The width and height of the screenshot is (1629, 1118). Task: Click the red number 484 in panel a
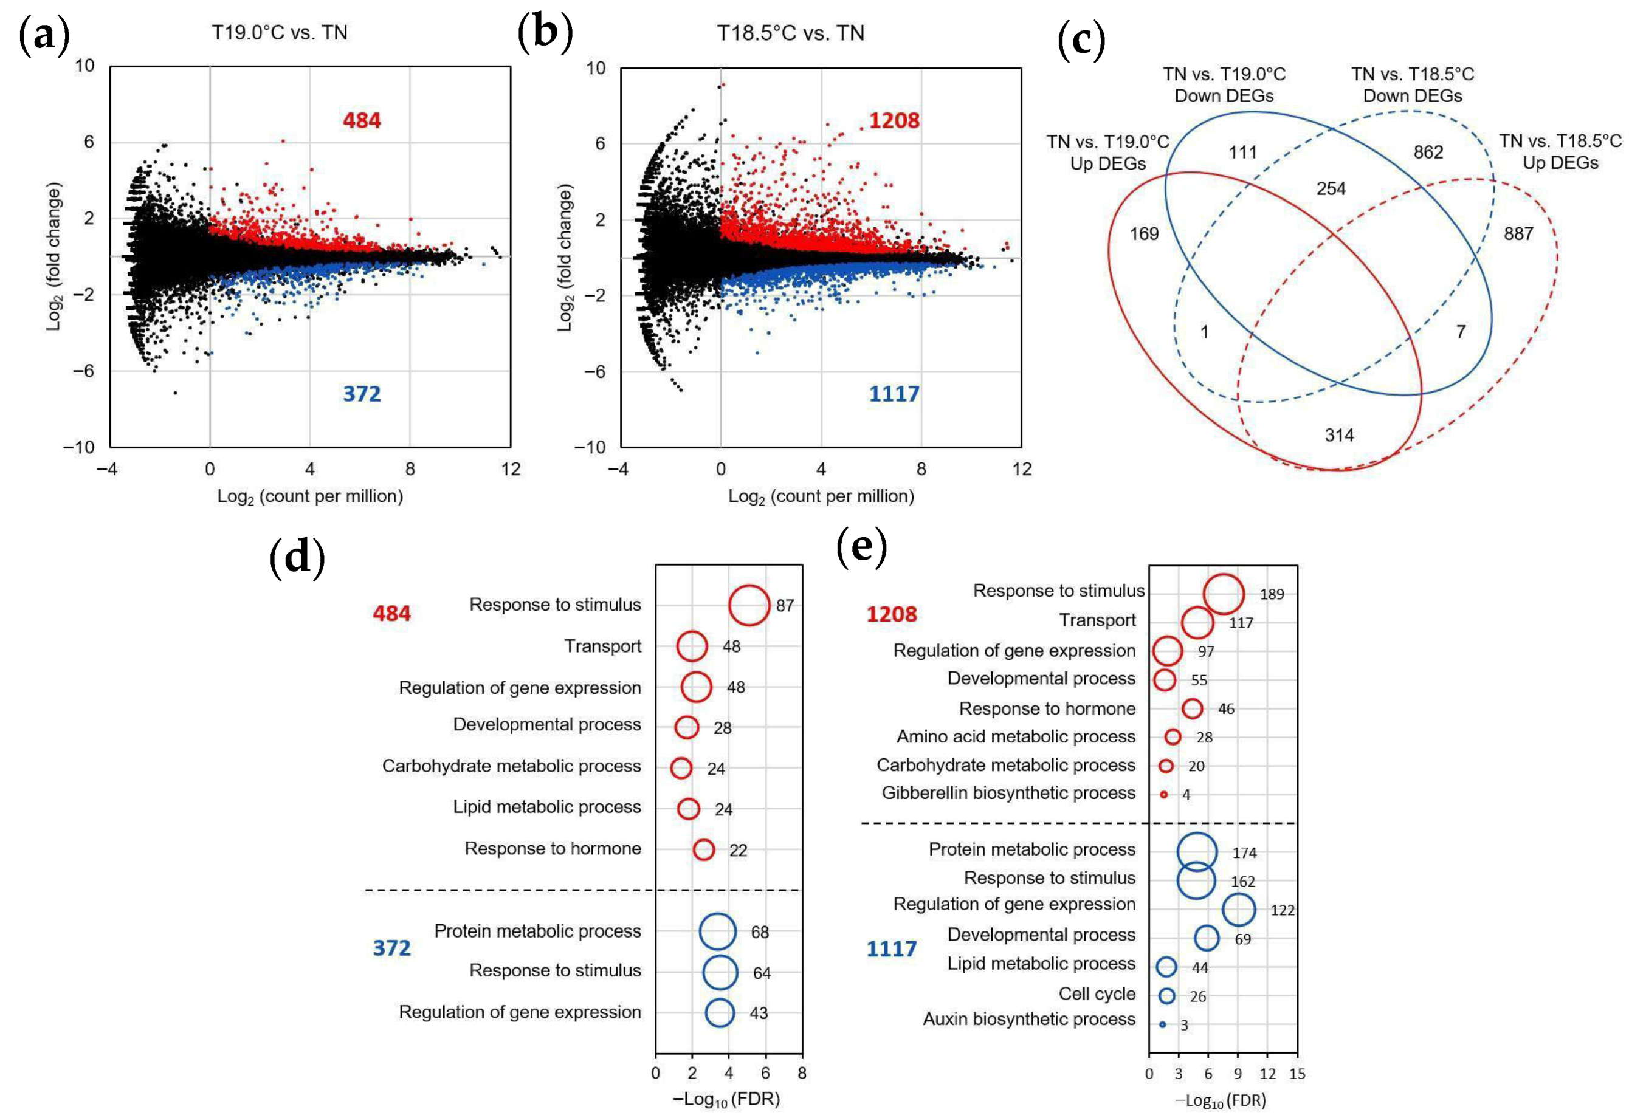click(362, 120)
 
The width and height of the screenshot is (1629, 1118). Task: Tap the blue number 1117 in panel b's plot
click(894, 394)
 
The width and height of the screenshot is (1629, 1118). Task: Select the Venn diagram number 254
click(1331, 189)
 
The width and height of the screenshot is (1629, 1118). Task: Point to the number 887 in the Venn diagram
click(1518, 234)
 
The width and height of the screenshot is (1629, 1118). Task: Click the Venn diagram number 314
click(1339, 435)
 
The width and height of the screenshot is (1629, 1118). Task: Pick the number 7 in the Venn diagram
click(1461, 331)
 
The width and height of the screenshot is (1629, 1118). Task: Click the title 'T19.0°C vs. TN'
click(280, 33)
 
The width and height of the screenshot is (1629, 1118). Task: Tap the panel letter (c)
click(1081, 40)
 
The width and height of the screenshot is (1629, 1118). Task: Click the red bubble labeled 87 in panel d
click(749, 605)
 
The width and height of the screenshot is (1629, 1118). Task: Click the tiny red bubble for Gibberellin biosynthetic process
click(1163, 794)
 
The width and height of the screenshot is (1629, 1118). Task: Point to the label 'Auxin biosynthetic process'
click(1028, 1019)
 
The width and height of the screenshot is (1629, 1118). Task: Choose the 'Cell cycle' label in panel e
click(1097, 994)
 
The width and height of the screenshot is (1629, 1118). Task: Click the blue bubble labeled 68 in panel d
click(718, 931)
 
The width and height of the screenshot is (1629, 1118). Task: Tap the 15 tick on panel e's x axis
click(1297, 1074)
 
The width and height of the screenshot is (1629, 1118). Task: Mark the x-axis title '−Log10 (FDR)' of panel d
click(726, 1099)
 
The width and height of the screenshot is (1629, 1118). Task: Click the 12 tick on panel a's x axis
click(511, 469)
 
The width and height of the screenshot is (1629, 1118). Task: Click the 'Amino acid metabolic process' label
click(1016, 736)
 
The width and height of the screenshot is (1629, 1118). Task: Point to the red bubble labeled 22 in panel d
click(704, 849)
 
